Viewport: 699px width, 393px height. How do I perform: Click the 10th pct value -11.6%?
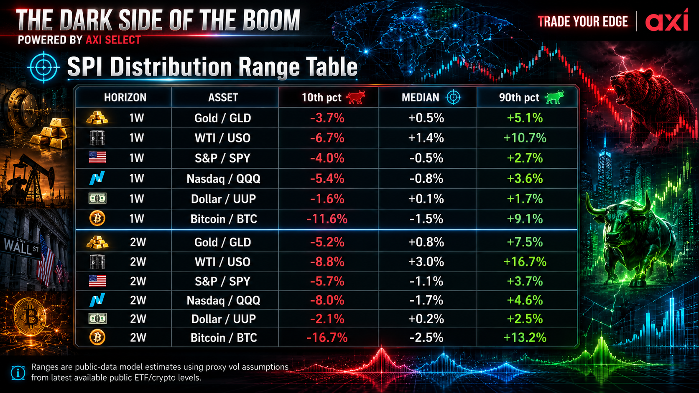(327, 219)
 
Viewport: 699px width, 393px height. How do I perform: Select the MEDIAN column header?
(420, 98)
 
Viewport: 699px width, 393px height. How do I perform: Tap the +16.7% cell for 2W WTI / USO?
(525, 262)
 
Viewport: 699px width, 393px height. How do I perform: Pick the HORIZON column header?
(125, 98)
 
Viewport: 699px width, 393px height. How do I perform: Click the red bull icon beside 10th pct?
(356, 97)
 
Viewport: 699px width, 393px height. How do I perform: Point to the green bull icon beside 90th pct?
(554, 97)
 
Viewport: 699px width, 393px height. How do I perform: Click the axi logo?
(666, 20)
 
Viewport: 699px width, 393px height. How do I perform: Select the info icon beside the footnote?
(18, 373)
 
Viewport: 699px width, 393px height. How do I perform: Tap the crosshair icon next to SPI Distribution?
(43, 67)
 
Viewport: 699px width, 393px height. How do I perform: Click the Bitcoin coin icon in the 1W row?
(97, 218)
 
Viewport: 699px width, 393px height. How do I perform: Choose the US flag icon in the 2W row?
(97, 281)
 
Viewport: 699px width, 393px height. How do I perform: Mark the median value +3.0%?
(426, 262)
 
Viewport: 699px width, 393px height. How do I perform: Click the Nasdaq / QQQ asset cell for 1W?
(223, 179)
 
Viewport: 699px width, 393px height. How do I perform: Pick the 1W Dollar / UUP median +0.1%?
(426, 199)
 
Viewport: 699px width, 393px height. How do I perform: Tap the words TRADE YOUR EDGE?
(583, 21)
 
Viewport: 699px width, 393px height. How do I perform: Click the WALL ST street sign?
(22, 247)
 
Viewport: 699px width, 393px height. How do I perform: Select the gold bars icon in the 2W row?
(97, 242)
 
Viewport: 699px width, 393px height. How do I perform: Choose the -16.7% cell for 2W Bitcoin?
(327, 338)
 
